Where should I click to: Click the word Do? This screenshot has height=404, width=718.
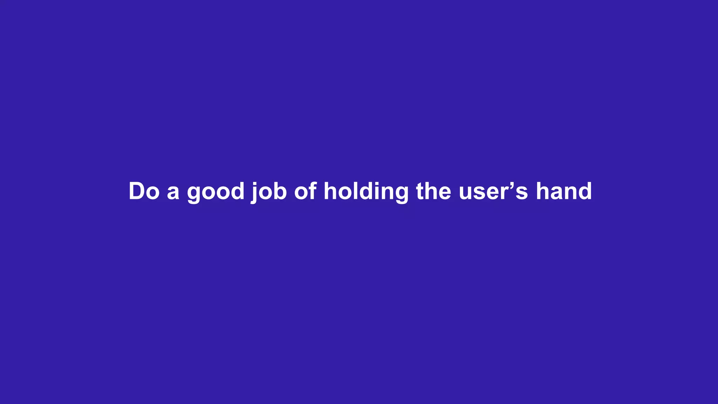pos(144,191)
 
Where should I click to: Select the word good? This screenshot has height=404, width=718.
pos(216,192)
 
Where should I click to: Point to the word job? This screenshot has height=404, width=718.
pos(269,192)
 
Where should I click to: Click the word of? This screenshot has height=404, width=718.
pos(305,191)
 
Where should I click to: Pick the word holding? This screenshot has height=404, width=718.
pos(366,192)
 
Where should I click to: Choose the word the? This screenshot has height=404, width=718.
pos(434,191)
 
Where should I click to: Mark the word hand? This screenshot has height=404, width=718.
pos(564,191)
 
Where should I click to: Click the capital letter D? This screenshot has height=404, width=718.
pos(137,191)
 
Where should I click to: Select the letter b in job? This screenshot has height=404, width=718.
pos(280,191)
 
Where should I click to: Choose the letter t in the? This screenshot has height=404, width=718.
pos(420,192)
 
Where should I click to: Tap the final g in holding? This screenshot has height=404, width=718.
pos(401,194)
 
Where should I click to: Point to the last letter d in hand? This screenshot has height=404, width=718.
pos(584,191)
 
